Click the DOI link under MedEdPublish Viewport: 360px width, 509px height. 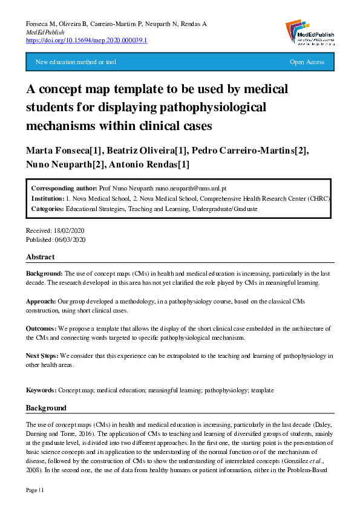[87, 40]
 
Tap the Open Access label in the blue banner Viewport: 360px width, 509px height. [307, 62]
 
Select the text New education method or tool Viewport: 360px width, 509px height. [76, 62]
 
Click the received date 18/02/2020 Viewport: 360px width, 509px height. [70, 231]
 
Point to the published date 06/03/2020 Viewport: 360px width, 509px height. [71, 239]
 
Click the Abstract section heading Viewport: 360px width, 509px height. [40, 257]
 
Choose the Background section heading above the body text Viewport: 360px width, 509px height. [46, 408]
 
